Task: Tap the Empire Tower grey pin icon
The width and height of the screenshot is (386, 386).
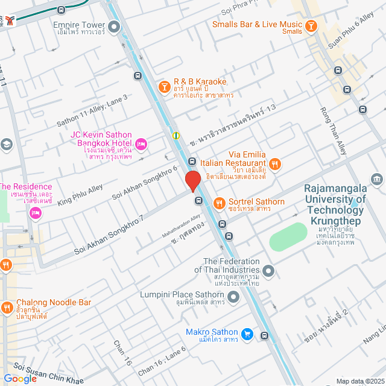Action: (114, 26)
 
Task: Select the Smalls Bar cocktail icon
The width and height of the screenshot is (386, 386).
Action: (311, 25)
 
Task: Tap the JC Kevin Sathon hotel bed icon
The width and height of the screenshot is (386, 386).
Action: (141, 143)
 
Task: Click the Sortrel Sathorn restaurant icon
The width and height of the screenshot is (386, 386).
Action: (218, 202)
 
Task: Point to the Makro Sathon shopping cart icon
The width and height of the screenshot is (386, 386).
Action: (247, 334)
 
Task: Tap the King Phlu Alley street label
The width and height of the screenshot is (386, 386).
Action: (80, 195)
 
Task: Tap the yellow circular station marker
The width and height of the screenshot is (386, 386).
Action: (176, 135)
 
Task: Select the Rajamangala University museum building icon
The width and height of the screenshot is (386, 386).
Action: (378, 179)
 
